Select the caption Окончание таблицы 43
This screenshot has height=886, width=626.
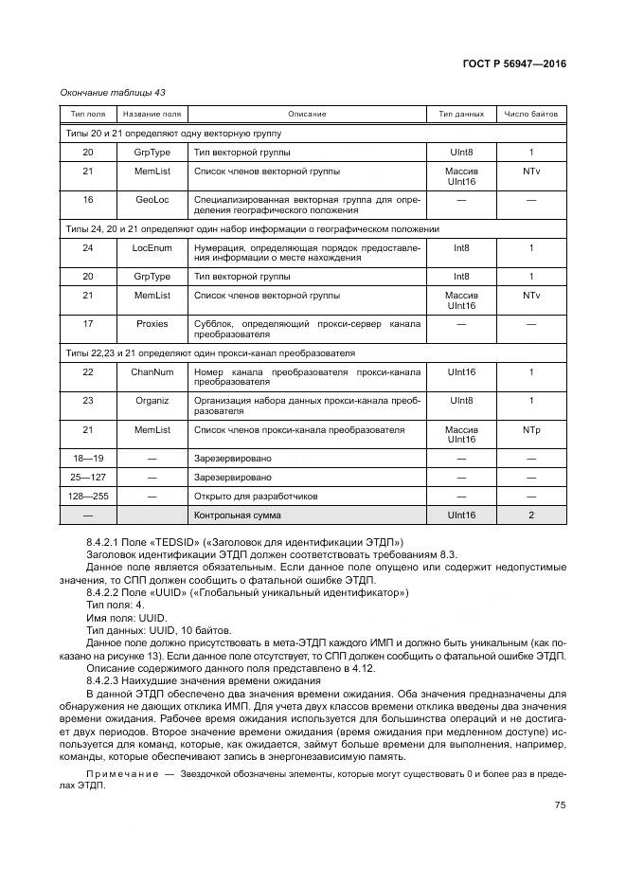[112, 92]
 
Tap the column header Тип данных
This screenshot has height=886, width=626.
[461, 114]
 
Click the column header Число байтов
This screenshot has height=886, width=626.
[531, 114]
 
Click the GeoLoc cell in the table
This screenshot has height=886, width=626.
[152, 200]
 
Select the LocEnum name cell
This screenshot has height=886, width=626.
[152, 248]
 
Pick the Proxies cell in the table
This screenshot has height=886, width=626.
[152, 324]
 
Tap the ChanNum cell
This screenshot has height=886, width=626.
[152, 372]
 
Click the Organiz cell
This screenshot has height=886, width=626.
[152, 401]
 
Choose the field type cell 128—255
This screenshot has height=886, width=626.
[88, 496]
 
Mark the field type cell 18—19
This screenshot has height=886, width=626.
[88, 458]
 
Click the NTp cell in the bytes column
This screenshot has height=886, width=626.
[531, 430]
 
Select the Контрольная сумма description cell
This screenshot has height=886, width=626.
[237, 515]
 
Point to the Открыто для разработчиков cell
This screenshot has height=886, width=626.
[256, 496]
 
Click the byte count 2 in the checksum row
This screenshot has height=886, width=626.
[531, 515]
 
